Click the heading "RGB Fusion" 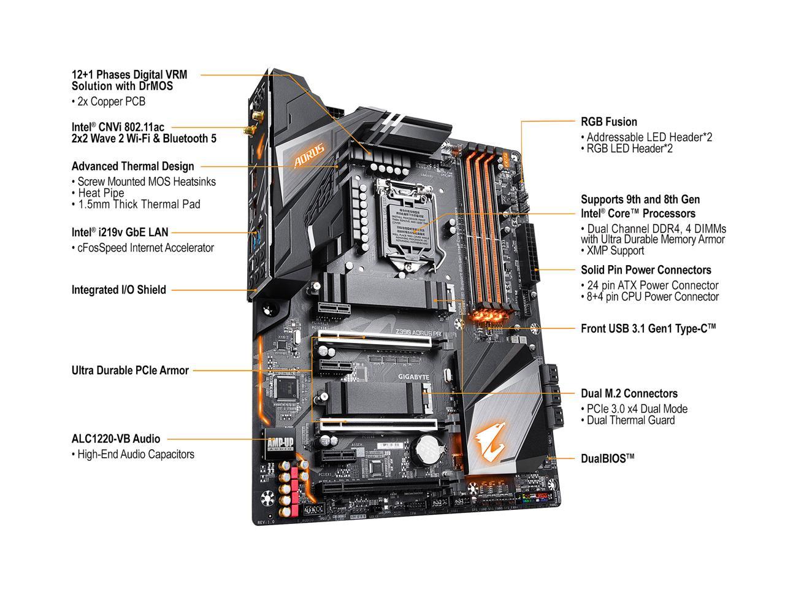(x=608, y=121)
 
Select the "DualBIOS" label (x=607, y=458)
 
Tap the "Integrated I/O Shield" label (x=118, y=290)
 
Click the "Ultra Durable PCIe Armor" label (x=130, y=370)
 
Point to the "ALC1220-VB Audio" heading (x=116, y=439)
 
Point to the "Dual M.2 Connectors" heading (x=629, y=393)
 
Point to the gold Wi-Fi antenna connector (x=249, y=131)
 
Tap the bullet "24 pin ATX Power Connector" (x=649, y=285)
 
